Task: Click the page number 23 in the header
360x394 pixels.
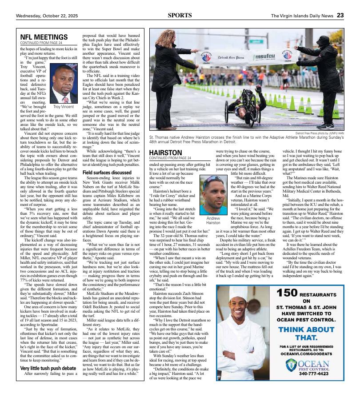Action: click(x=340, y=15)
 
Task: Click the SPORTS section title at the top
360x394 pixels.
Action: click(x=180, y=15)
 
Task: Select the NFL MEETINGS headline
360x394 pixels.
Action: click(x=44, y=37)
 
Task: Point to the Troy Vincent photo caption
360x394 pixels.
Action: click(x=63, y=107)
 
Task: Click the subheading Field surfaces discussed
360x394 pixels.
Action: click(x=107, y=172)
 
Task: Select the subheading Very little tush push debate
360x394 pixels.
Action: click(x=48, y=369)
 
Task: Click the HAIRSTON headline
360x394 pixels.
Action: click(x=165, y=152)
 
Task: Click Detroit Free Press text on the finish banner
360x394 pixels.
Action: click(x=230, y=58)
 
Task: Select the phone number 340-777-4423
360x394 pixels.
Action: click(x=314, y=374)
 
